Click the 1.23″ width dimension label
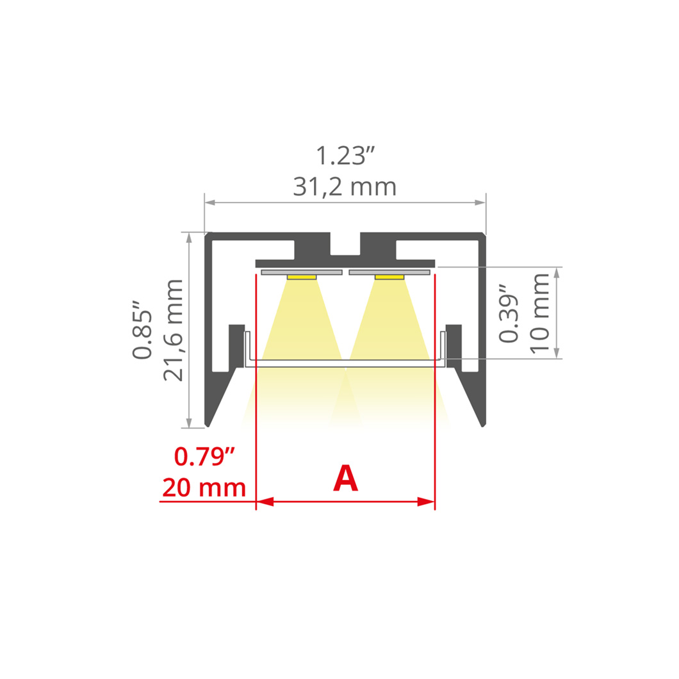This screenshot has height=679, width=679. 345,156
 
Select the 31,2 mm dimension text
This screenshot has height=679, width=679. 345,187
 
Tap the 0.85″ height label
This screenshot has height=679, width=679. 142,329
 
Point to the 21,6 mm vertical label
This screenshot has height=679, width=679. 174,330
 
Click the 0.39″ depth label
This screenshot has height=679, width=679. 509,313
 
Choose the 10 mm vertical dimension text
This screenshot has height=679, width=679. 539,313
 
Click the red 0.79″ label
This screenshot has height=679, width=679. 204,457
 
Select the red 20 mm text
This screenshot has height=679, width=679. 204,488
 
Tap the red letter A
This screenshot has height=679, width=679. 345,478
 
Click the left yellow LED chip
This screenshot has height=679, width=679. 302,277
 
